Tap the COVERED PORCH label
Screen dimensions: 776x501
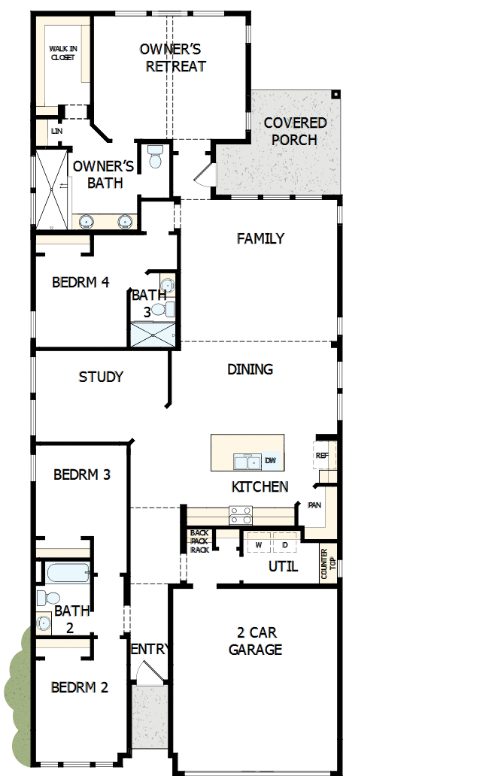pos(295,131)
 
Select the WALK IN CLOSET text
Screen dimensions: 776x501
pos(62,53)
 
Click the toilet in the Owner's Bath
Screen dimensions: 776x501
pos(156,156)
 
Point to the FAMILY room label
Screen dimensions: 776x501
pos(260,238)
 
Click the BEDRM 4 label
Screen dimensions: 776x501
pos(80,283)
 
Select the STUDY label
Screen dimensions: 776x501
pos(101,377)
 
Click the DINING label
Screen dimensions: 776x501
pos(250,369)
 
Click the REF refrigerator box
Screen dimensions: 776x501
pos(322,456)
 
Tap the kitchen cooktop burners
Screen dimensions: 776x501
pos(241,515)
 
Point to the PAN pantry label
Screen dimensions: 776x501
pos(314,505)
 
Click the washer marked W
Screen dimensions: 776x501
pos(258,544)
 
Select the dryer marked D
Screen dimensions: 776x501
pos(285,544)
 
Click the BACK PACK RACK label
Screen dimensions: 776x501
pos(199,541)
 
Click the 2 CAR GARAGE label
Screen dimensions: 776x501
pos(255,641)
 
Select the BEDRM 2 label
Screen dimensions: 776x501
pos(80,687)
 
